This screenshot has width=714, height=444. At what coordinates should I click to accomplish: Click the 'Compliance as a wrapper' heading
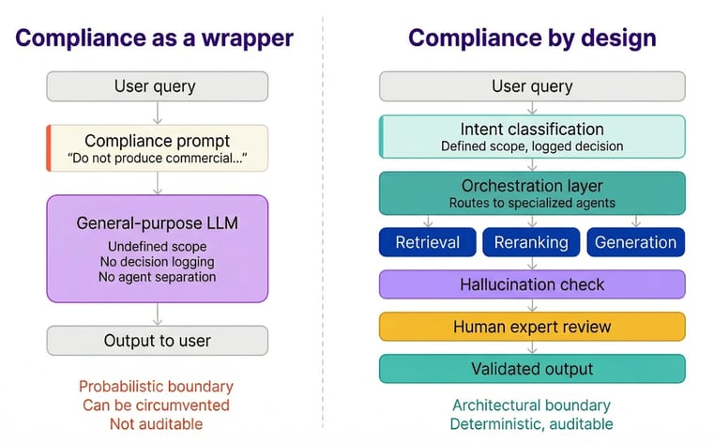pos(155,38)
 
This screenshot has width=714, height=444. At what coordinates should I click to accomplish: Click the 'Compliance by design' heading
pos(532,38)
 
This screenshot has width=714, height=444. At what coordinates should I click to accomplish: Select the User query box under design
pos(532,86)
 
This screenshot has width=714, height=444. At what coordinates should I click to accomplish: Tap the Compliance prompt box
pos(157,148)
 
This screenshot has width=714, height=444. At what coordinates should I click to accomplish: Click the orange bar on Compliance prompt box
pos(48,148)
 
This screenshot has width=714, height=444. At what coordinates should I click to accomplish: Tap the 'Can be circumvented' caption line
pos(156,405)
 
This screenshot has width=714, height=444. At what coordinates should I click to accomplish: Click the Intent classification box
pos(532,136)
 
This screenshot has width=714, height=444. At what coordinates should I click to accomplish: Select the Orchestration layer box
pos(532,192)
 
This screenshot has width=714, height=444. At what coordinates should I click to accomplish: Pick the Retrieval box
pos(428,242)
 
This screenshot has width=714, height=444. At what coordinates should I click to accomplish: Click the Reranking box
pos(531,242)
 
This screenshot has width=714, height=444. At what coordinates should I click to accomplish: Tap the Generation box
pos(635,242)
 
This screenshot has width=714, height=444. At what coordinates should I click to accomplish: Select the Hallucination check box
pos(532,284)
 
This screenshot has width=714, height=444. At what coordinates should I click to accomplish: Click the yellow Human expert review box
pos(532,327)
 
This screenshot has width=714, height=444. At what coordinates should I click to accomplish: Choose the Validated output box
pos(532,368)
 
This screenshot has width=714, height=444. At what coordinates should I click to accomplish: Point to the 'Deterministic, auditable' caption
pos(532,423)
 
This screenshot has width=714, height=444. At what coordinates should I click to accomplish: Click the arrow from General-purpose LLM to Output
pos(157,314)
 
